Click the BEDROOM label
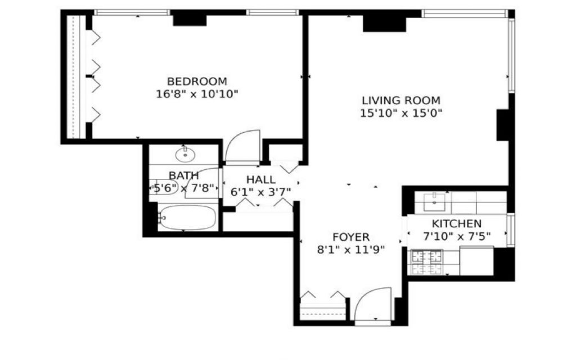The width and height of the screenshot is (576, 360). (197, 81)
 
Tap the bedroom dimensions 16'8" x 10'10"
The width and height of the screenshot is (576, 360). (197, 94)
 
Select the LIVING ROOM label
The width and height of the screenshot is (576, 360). (401, 100)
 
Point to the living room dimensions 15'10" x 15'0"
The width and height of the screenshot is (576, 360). (401, 113)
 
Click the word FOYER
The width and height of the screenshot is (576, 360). (351, 237)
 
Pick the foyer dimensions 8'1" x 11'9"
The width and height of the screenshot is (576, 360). (351, 250)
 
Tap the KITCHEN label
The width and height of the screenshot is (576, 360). (457, 223)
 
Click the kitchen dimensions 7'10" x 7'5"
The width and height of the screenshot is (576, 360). (457, 236)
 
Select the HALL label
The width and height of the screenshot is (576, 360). (261, 179)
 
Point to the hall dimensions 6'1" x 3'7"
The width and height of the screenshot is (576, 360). (261, 192)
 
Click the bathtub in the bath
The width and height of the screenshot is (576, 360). (187, 218)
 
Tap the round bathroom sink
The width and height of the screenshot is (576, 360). (185, 155)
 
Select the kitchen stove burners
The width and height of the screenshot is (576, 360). (427, 262)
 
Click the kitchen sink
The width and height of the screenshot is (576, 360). (434, 202)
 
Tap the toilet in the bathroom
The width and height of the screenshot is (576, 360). (164, 187)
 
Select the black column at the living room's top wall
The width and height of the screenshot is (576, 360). (384, 24)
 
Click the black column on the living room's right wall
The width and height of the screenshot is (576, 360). (503, 125)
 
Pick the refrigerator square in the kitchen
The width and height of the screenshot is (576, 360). (476, 261)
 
